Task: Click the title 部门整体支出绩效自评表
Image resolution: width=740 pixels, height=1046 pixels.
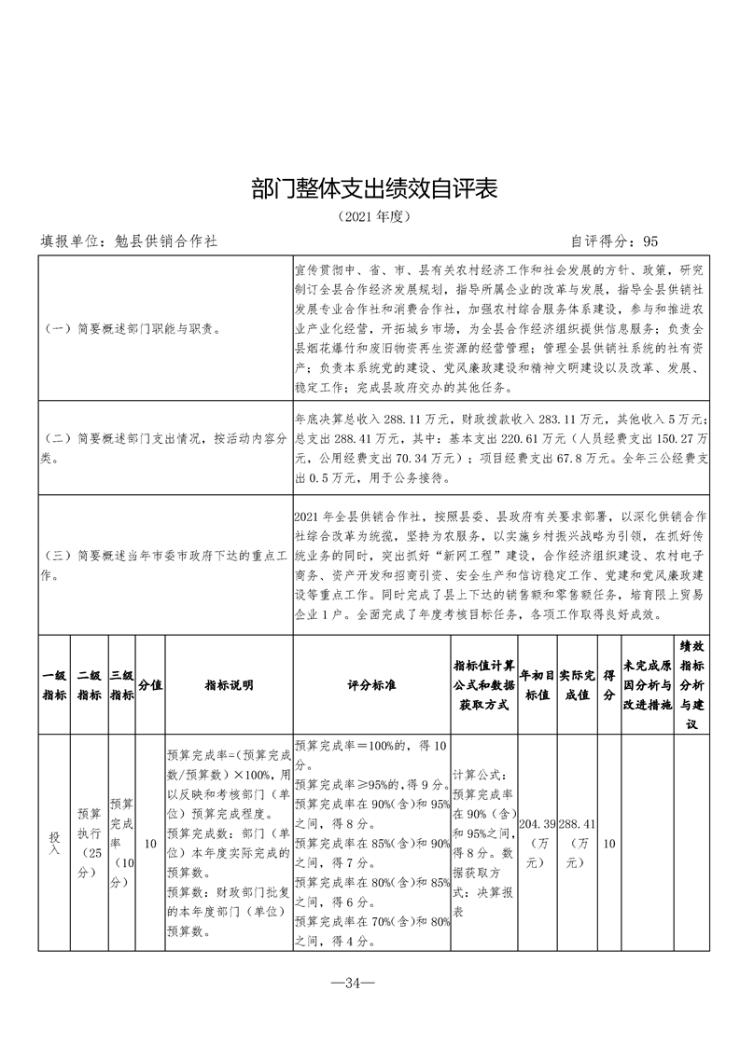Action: click(370, 188)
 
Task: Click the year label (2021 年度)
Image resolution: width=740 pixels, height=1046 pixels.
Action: click(370, 216)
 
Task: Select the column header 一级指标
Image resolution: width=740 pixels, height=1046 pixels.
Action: click(54, 685)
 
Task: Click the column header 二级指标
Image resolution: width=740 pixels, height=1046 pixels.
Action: click(90, 685)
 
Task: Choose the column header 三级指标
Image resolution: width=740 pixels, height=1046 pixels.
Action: click(122, 685)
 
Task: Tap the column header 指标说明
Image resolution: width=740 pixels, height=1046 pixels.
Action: click(229, 685)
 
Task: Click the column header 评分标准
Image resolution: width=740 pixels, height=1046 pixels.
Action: click(371, 685)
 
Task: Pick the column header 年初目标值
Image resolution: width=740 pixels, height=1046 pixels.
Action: click(537, 685)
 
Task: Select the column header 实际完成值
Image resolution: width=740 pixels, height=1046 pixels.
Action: click(578, 685)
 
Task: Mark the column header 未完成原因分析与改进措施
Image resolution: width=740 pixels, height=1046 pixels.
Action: click(648, 685)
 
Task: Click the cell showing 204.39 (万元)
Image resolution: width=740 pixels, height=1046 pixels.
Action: click(537, 844)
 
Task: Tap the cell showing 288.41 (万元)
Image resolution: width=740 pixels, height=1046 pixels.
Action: click(578, 844)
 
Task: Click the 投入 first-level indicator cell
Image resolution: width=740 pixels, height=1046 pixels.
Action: click(54, 843)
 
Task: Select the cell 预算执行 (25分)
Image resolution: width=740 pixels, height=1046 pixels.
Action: click(90, 843)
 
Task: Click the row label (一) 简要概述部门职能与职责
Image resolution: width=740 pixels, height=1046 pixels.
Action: click(133, 329)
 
